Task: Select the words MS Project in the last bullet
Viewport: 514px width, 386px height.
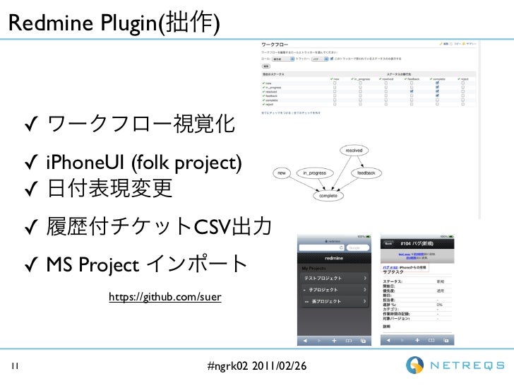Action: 92,265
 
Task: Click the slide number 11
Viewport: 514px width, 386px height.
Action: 15,366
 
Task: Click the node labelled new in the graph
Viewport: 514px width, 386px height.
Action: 281,172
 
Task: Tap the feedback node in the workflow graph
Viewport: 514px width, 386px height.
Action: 366,172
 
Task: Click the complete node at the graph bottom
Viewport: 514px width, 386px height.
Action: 328,196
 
